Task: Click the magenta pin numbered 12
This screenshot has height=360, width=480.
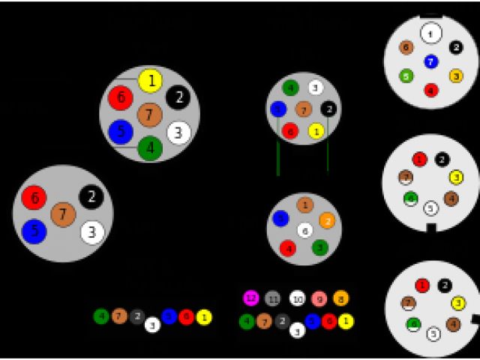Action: coord(250,298)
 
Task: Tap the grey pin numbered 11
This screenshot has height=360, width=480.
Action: coord(273,298)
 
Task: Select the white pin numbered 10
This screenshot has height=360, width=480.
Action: coord(298,298)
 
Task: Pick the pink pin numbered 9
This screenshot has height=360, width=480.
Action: coord(319,298)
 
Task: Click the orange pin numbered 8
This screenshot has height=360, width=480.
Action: coord(341,298)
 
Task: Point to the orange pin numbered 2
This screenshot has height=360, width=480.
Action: coord(326,220)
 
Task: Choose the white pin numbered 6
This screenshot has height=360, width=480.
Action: coord(304,231)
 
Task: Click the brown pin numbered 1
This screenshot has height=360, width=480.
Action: coord(304,205)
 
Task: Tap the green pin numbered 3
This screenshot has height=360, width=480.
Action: coord(319,247)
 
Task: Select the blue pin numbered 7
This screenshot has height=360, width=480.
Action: coord(430,61)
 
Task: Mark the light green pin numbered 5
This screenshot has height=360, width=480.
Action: coord(406,76)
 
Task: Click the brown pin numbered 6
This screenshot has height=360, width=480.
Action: coord(406,47)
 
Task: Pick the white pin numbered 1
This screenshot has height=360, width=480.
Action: coord(430,33)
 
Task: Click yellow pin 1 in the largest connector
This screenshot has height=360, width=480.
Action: coord(151,80)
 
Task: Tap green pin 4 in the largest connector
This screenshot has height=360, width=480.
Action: coord(150,148)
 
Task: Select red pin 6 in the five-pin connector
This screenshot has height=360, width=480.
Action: coord(34,197)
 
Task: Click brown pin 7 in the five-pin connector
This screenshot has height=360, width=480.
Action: coord(63,214)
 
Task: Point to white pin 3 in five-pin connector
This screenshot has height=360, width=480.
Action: coord(91,232)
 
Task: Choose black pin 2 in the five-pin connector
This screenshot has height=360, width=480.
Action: coord(91,196)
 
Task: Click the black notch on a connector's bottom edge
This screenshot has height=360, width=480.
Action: coord(430,227)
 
